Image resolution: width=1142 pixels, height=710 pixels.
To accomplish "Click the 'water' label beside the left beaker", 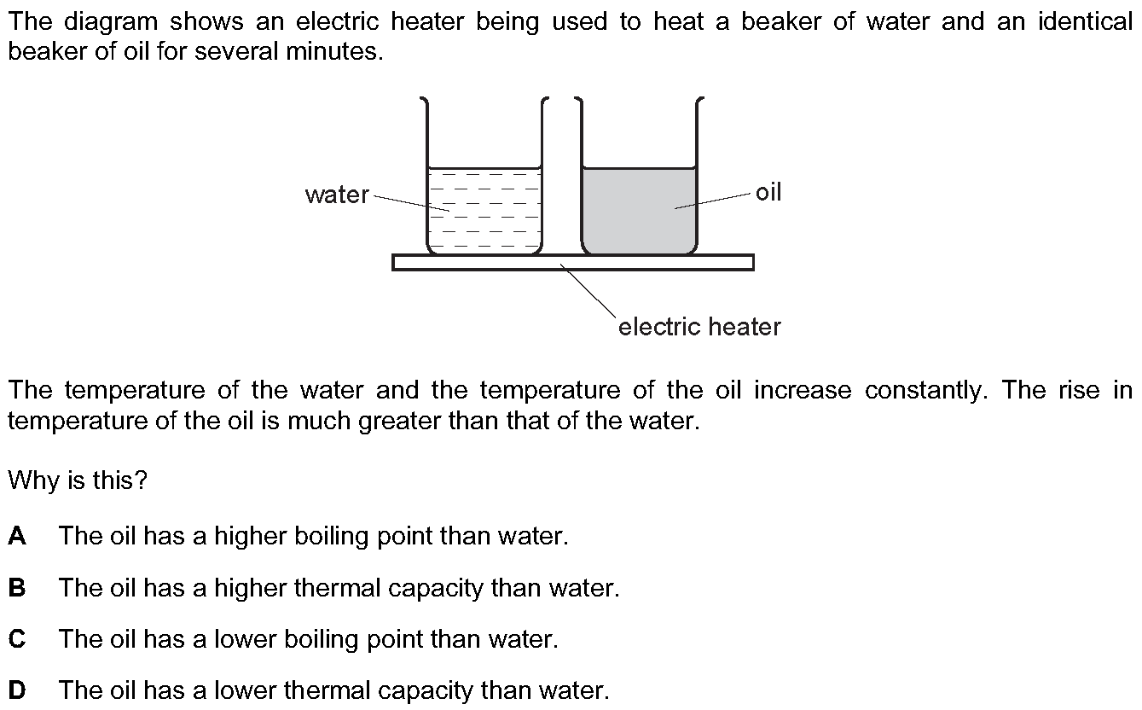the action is tap(337, 195).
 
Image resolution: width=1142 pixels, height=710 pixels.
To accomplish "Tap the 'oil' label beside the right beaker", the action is tap(768, 192).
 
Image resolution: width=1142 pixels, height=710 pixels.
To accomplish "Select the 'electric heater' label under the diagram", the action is tap(699, 327).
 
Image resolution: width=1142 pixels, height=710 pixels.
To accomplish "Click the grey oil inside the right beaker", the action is tap(639, 211).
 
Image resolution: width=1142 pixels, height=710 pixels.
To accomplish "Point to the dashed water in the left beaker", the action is tap(484, 211).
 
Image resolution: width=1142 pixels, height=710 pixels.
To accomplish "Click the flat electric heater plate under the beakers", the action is tap(573, 262).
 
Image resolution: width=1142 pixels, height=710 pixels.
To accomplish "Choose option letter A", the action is tap(17, 536).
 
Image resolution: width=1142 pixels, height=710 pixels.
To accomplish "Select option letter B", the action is tap(17, 588).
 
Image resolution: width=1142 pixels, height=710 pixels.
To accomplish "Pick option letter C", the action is tap(17, 639).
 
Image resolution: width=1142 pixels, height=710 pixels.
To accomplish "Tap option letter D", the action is tap(17, 690).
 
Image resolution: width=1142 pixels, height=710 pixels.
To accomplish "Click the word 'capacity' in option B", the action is tap(435, 589).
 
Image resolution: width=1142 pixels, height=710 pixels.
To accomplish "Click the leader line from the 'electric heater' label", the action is tap(588, 290).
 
